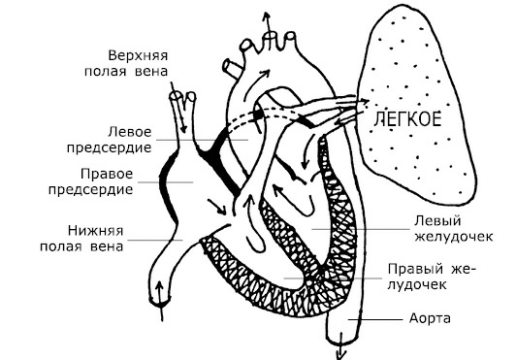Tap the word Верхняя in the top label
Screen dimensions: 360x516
click(136, 54)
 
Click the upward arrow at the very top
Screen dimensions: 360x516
click(264, 17)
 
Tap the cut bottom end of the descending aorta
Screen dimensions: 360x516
click(338, 335)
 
